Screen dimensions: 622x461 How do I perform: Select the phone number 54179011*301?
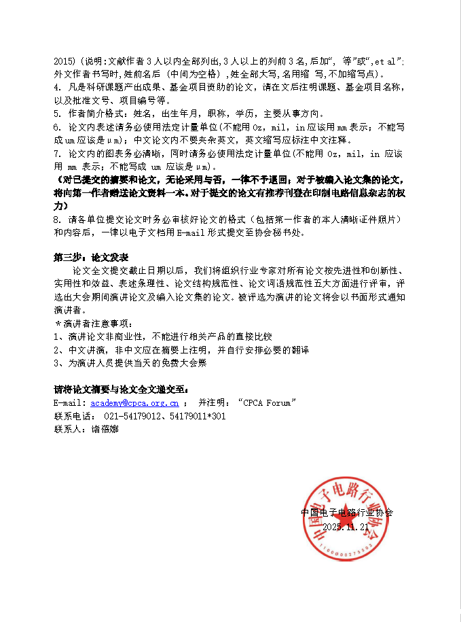198,416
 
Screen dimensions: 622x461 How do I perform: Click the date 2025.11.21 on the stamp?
346,527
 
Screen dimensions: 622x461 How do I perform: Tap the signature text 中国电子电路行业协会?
347,513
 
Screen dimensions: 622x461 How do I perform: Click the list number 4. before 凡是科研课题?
57,88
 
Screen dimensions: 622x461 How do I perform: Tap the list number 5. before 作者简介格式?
57,114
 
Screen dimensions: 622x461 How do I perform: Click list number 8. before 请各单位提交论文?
57,220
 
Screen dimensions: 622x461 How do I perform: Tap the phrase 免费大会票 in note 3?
185,362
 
